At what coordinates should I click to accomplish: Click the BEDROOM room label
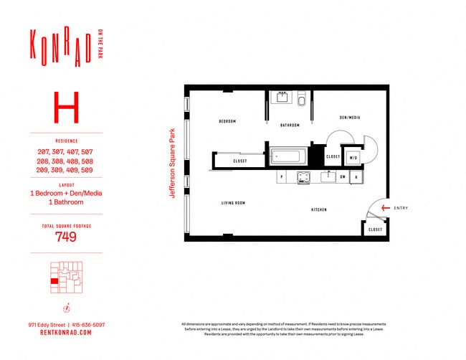227,121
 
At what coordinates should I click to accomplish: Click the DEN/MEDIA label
349,117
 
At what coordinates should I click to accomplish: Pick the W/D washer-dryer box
353,157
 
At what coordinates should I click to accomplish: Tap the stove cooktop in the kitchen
303,176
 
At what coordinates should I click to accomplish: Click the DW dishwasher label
343,177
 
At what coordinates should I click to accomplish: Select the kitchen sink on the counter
328,176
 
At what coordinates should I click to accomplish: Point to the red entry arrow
386,208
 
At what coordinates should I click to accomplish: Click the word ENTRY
401,208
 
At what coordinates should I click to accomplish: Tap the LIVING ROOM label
234,204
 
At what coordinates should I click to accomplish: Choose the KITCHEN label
319,209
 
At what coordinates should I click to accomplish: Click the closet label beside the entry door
376,229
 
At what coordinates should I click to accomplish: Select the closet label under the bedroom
240,161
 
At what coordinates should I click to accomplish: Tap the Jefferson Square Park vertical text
173,163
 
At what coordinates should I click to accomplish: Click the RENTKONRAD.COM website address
66,332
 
